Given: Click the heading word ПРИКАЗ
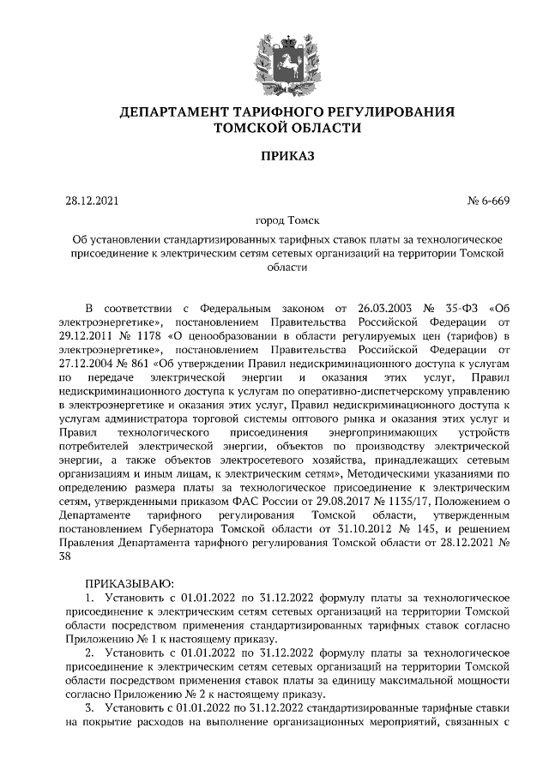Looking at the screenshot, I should pos(275,157).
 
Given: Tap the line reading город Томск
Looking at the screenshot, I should pos(275,220).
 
